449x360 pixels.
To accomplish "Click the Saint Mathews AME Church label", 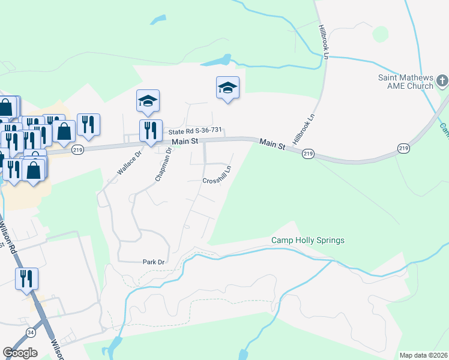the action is pos(405,82).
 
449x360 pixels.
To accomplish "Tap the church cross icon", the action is pos(442,80).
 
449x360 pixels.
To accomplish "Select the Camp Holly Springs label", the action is pos(308,241).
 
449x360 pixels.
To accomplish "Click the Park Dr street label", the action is pos(153,262).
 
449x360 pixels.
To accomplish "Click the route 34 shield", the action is pos(31,331).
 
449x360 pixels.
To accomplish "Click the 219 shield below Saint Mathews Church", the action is pos(403,148).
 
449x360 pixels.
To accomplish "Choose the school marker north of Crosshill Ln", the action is pos(228,88).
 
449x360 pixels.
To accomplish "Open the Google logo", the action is pos(20,353).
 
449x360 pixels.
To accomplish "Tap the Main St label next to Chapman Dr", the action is pos(185,142).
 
